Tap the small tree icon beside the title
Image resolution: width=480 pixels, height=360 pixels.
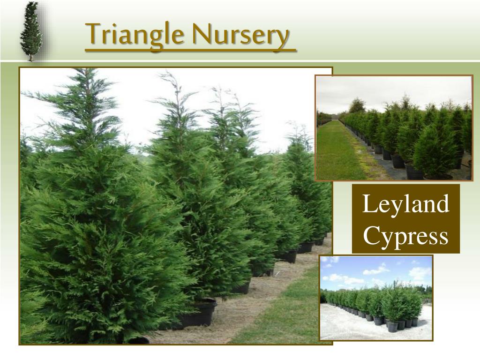click(x=31, y=31)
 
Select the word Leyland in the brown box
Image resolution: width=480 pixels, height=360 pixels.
click(x=406, y=205)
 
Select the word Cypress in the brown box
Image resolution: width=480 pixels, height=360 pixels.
click(x=406, y=236)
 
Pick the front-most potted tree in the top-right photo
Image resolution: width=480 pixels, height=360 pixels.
click(x=434, y=155)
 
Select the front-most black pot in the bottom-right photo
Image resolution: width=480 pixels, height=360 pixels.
click(x=393, y=326)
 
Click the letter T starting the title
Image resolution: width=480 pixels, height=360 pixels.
click(x=92, y=34)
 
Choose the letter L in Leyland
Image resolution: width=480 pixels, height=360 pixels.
click(x=368, y=205)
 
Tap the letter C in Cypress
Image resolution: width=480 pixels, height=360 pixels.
click(x=370, y=236)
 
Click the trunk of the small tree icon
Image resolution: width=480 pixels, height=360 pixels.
click(x=31, y=58)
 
